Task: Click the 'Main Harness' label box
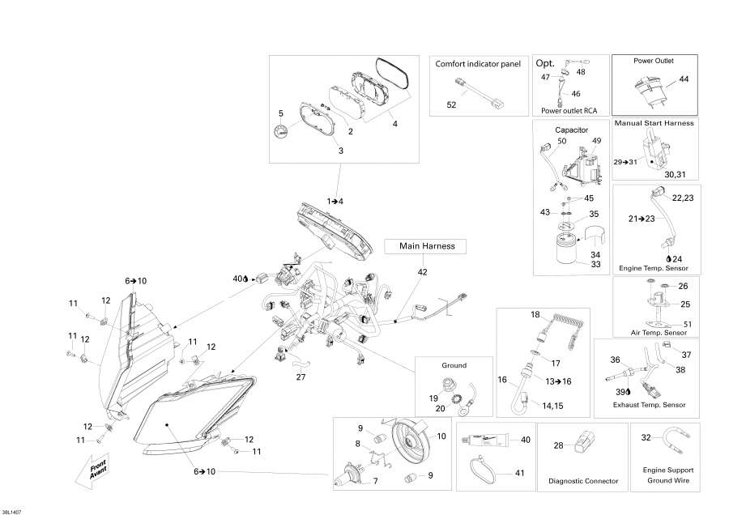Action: [427, 246]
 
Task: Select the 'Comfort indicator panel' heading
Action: [477, 63]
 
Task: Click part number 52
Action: [451, 105]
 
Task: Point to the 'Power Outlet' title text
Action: [654, 61]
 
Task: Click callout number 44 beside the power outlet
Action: [684, 79]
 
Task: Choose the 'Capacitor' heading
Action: [571, 130]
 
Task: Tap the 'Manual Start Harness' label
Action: [654, 123]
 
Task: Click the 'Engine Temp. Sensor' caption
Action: [654, 266]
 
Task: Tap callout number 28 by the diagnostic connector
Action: [558, 446]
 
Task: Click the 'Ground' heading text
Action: [454, 365]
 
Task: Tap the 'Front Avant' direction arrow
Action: [95, 470]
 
